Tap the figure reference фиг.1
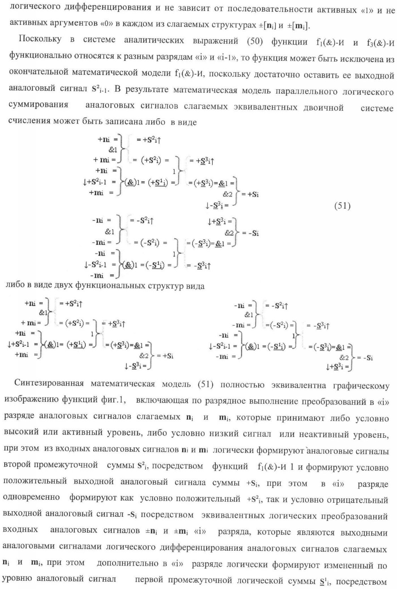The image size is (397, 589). [x=111, y=400]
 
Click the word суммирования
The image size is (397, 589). [x=39, y=106]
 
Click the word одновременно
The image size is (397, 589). [x=31, y=498]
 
